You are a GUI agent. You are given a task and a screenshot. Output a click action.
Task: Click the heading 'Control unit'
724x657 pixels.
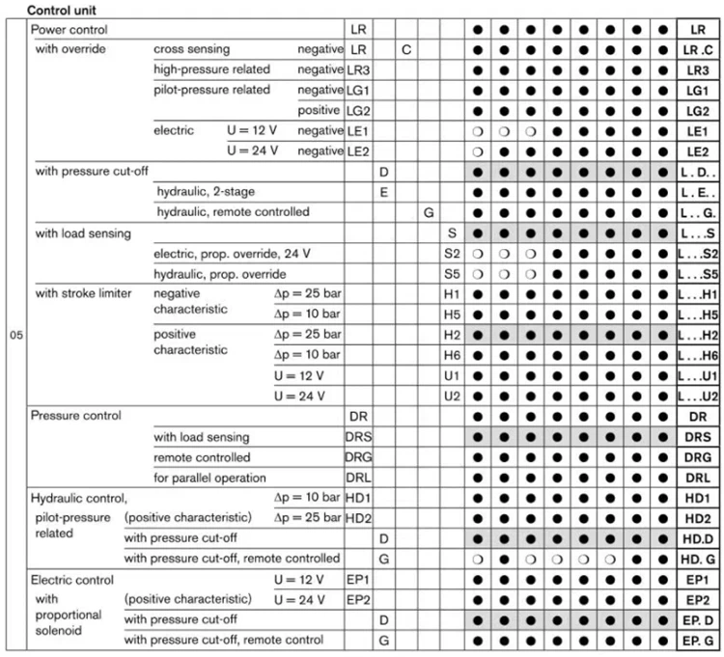[62, 10]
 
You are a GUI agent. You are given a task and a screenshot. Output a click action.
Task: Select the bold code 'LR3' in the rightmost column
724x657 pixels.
[698, 69]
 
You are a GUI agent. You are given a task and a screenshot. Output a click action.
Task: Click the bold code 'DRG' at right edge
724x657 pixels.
[698, 456]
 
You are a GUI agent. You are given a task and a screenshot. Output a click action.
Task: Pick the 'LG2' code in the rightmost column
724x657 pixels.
[698, 109]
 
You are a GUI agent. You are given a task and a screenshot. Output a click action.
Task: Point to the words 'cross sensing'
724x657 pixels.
[187, 49]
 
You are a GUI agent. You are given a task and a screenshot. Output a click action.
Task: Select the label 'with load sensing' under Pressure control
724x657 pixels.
[201, 437]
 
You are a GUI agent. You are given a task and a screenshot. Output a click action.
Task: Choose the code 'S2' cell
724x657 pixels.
[451, 254]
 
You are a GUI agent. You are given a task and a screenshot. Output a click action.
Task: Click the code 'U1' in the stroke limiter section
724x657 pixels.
[451, 375]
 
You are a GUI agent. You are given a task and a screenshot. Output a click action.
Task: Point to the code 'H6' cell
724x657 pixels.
[451, 355]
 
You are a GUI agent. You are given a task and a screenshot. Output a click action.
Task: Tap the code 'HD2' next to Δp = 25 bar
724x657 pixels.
[358, 517]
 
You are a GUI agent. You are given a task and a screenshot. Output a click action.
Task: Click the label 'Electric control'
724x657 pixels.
[71, 580]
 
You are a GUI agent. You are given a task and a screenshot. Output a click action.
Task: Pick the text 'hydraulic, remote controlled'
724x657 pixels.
[232, 211]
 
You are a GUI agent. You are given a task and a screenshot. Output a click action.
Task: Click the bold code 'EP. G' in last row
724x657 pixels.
[698, 640]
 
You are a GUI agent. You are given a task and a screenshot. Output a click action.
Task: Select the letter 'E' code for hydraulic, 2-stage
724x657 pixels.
[383, 191]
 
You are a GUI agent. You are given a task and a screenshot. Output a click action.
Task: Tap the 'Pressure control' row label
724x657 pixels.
[75, 416]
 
